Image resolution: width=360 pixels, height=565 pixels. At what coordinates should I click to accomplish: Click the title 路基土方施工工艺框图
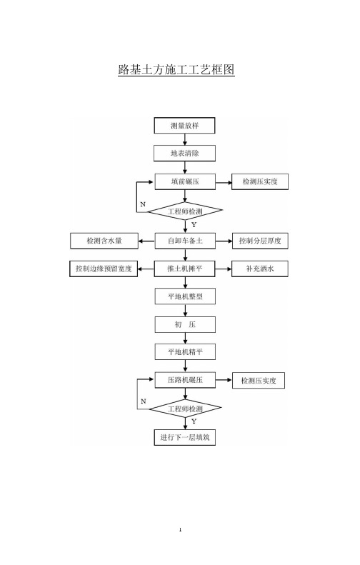[176, 69]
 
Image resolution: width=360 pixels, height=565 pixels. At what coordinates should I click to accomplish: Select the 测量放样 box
[184, 126]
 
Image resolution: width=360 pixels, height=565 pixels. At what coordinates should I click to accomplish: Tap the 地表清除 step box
[184, 153]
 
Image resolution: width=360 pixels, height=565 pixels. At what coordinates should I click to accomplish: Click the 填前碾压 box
[185, 181]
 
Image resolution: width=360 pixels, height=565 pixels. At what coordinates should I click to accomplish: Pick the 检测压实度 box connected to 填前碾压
[260, 181]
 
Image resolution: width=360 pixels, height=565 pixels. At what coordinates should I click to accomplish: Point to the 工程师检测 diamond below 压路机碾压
[185, 409]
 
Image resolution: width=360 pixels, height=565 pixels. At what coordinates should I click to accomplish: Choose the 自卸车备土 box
[185, 241]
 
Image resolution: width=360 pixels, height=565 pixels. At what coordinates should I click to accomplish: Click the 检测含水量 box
[104, 241]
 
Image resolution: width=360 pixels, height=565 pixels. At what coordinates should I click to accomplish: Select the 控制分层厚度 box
[260, 241]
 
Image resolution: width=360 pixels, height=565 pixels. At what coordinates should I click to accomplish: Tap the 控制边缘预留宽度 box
[104, 269]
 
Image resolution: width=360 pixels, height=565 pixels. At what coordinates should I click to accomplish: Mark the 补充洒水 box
[260, 269]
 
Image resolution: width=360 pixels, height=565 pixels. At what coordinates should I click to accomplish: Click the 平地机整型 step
[185, 296]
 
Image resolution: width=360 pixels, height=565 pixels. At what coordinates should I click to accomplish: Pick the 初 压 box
[185, 325]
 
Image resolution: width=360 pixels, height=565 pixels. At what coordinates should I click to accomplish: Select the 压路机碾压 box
[185, 380]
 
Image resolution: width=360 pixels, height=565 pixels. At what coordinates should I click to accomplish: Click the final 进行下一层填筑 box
[185, 437]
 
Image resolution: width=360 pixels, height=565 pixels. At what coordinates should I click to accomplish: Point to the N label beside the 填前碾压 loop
[143, 204]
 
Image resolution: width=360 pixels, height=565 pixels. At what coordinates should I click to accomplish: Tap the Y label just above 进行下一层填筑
[194, 421]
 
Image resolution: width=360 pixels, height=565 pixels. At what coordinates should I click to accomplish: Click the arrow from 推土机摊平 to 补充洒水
[224, 269]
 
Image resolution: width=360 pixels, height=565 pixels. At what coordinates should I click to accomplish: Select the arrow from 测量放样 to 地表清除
[185, 139]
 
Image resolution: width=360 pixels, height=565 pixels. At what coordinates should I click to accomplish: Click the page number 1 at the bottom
[180, 530]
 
